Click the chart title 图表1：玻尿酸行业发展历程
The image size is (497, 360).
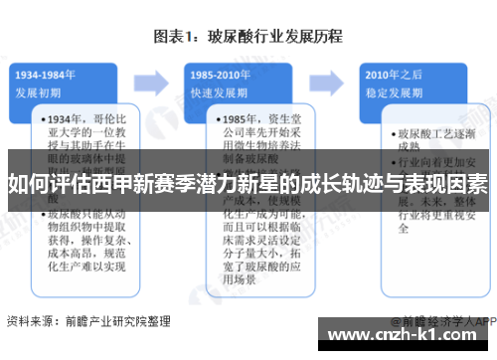point(248,37)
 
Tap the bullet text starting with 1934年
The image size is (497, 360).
point(88,140)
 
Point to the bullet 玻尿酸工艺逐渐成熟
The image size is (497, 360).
point(431,139)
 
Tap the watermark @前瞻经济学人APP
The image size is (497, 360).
point(443,321)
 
